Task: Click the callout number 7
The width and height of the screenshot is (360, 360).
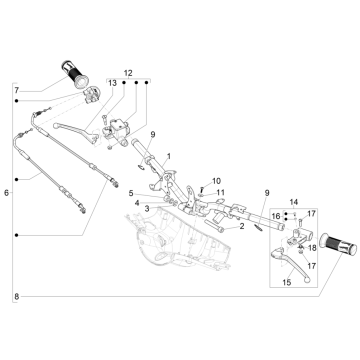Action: pos(16,91)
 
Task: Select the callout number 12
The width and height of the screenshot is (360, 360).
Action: pos(128,72)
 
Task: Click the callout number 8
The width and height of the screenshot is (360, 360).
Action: pos(16,296)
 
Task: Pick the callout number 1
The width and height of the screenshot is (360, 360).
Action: pos(169,156)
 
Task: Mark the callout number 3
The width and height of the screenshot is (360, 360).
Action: pos(147,208)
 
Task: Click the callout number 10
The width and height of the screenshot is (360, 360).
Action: pos(216,180)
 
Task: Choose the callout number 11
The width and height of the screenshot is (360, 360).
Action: pos(220,192)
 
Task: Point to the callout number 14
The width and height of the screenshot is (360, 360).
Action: pos(294,203)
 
